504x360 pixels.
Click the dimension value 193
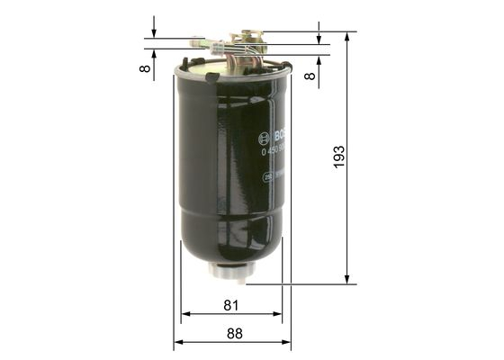(x=338, y=157)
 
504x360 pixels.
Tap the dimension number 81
(x=231, y=305)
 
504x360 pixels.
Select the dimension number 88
(x=234, y=333)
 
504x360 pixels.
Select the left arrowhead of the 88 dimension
(x=178, y=343)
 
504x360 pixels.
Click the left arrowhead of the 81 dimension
(x=185, y=315)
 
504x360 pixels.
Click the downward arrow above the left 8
(x=154, y=33)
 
